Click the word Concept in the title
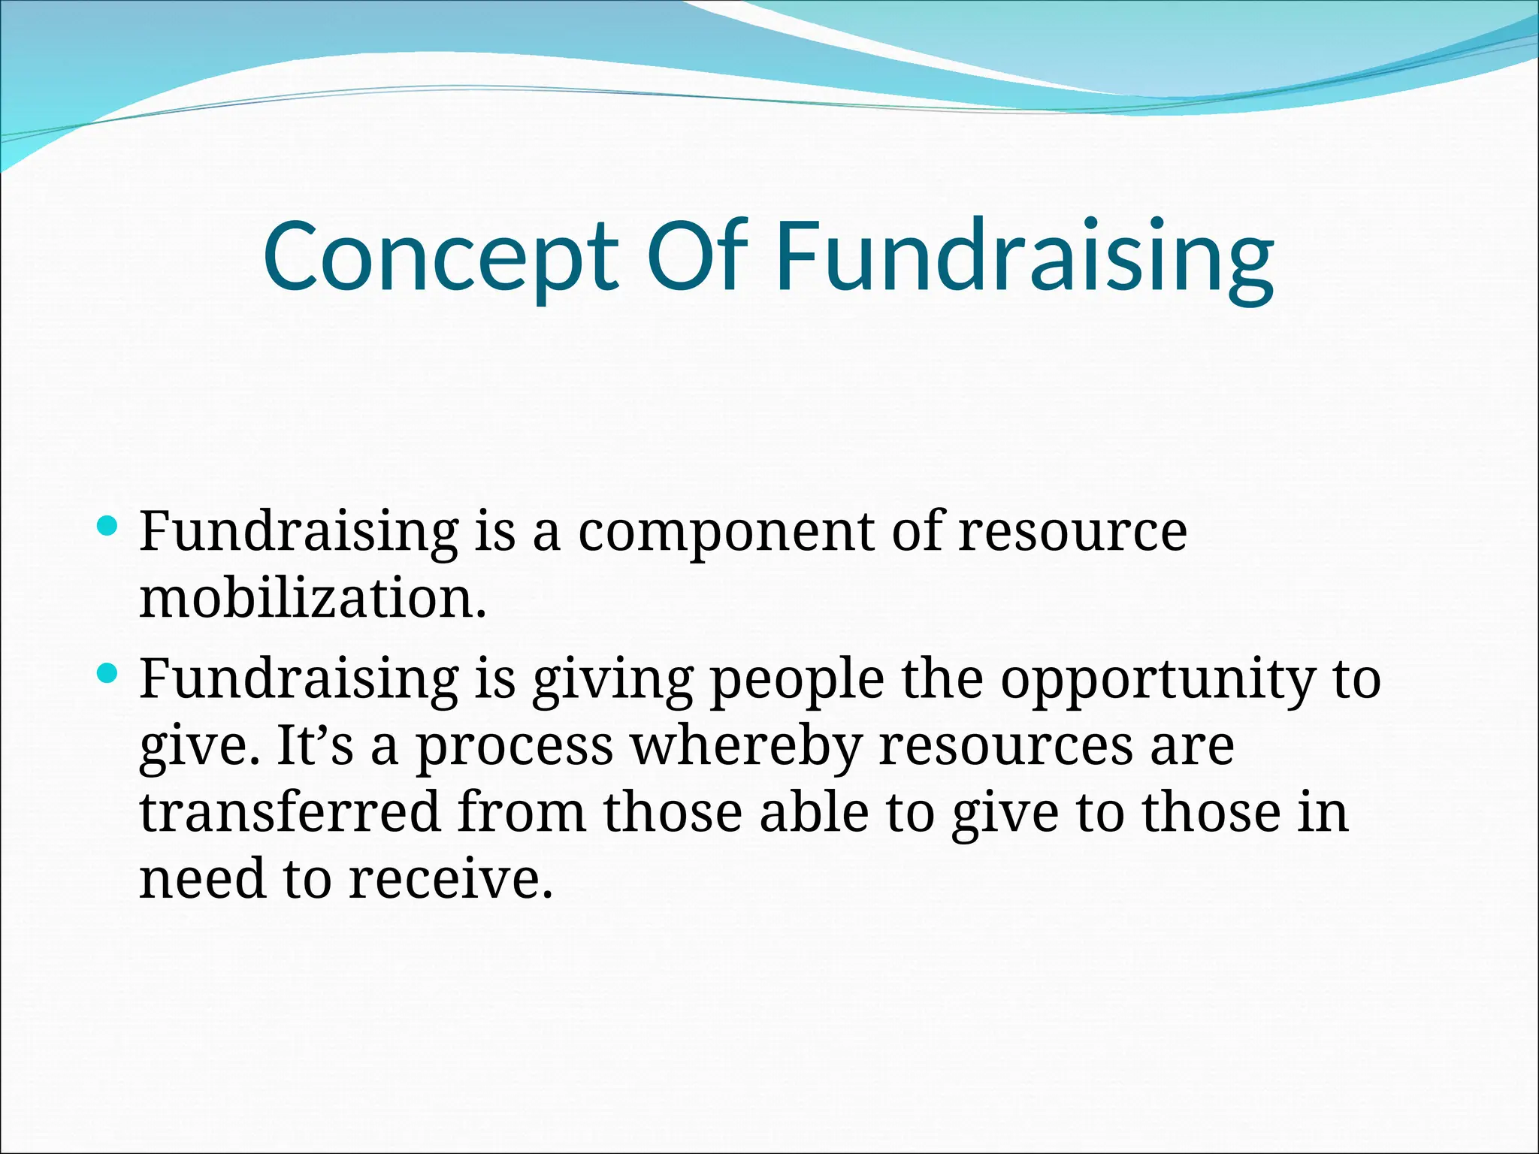tap(440, 257)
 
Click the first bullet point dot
tap(108, 525)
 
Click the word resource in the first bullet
tap(1072, 533)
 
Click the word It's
tap(315, 747)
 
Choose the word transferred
tap(289, 813)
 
